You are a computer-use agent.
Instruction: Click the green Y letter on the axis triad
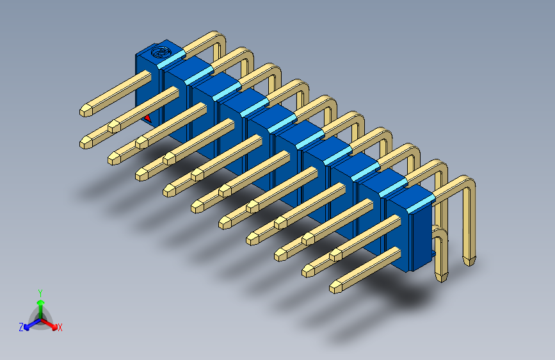coord(40,292)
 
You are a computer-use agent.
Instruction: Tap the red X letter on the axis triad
coord(60,327)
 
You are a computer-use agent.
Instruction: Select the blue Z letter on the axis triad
coord(21,327)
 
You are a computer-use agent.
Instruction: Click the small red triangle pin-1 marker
coord(148,118)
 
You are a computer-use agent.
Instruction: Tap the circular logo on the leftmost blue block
coord(161,51)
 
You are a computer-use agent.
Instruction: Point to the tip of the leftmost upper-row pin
coord(84,111)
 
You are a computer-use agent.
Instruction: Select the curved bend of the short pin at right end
coord(440,234)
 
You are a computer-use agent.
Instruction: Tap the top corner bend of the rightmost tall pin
coord(470,186)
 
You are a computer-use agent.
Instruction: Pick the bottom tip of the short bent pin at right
coord(442,277)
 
